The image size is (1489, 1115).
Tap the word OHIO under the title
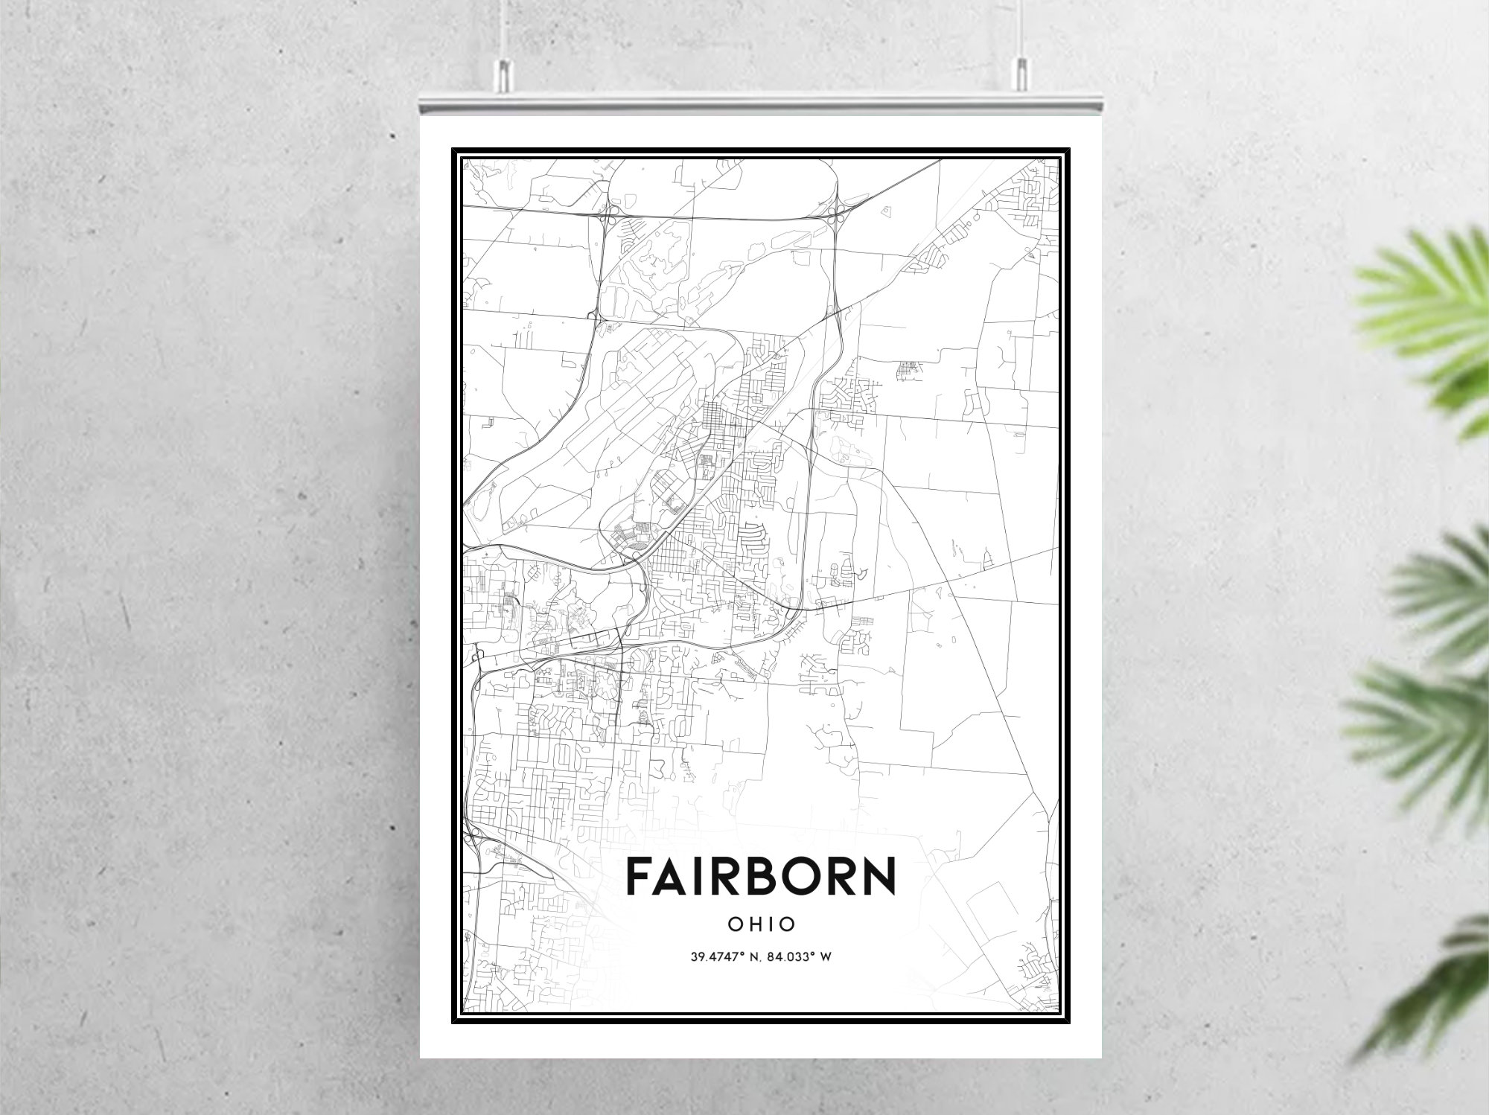tap(762, 924)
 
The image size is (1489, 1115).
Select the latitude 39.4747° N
tap(719, 956)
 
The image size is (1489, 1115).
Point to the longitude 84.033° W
tap(800, 956)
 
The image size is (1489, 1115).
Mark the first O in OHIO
tap(733, 924)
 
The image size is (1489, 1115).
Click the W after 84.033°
tap(825, 956)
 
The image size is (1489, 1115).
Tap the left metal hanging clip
tap(504, 74)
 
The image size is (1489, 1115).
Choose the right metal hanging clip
tap(1020, 74)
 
